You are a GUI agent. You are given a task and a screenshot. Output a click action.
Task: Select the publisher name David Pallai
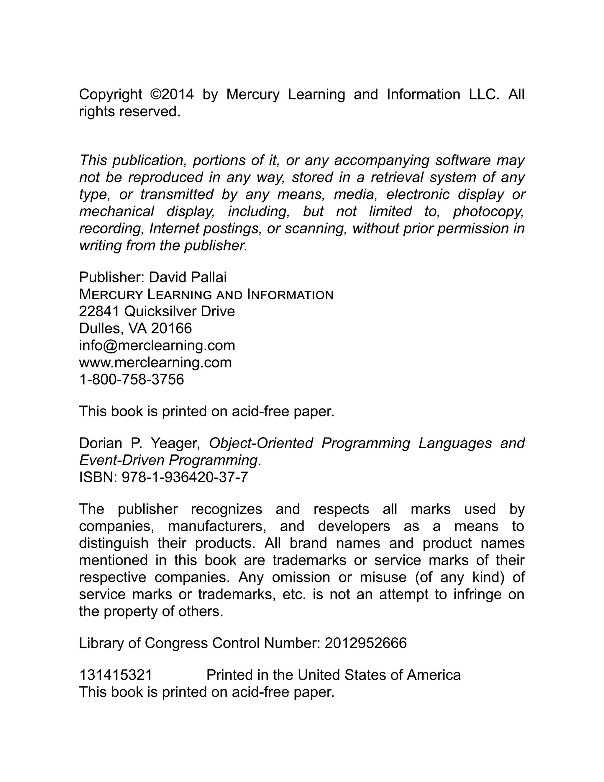click(x=188, y=277)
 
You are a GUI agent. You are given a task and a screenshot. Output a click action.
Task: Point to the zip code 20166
click(x=171, y=328)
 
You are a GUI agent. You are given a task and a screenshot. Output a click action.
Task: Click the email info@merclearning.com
click(x=157, y=346)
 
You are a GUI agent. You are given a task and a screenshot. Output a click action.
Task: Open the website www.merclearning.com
click(x=155, y=362)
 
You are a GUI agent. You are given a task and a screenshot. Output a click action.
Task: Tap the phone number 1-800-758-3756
click(x=131, y=379)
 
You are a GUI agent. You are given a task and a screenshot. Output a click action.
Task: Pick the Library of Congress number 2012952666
click(x=366, y=643)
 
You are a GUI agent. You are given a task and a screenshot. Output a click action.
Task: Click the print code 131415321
click(x=116, y=675)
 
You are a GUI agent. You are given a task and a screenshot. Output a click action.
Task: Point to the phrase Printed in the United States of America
click(x=334, y=675)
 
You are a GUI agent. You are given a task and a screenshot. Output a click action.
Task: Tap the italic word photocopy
click(x=488, y=212)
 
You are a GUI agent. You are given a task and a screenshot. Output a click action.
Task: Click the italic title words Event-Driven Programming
click(x=168, y=460)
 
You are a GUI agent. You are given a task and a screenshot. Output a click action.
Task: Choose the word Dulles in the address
click(x=99, y=328)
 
